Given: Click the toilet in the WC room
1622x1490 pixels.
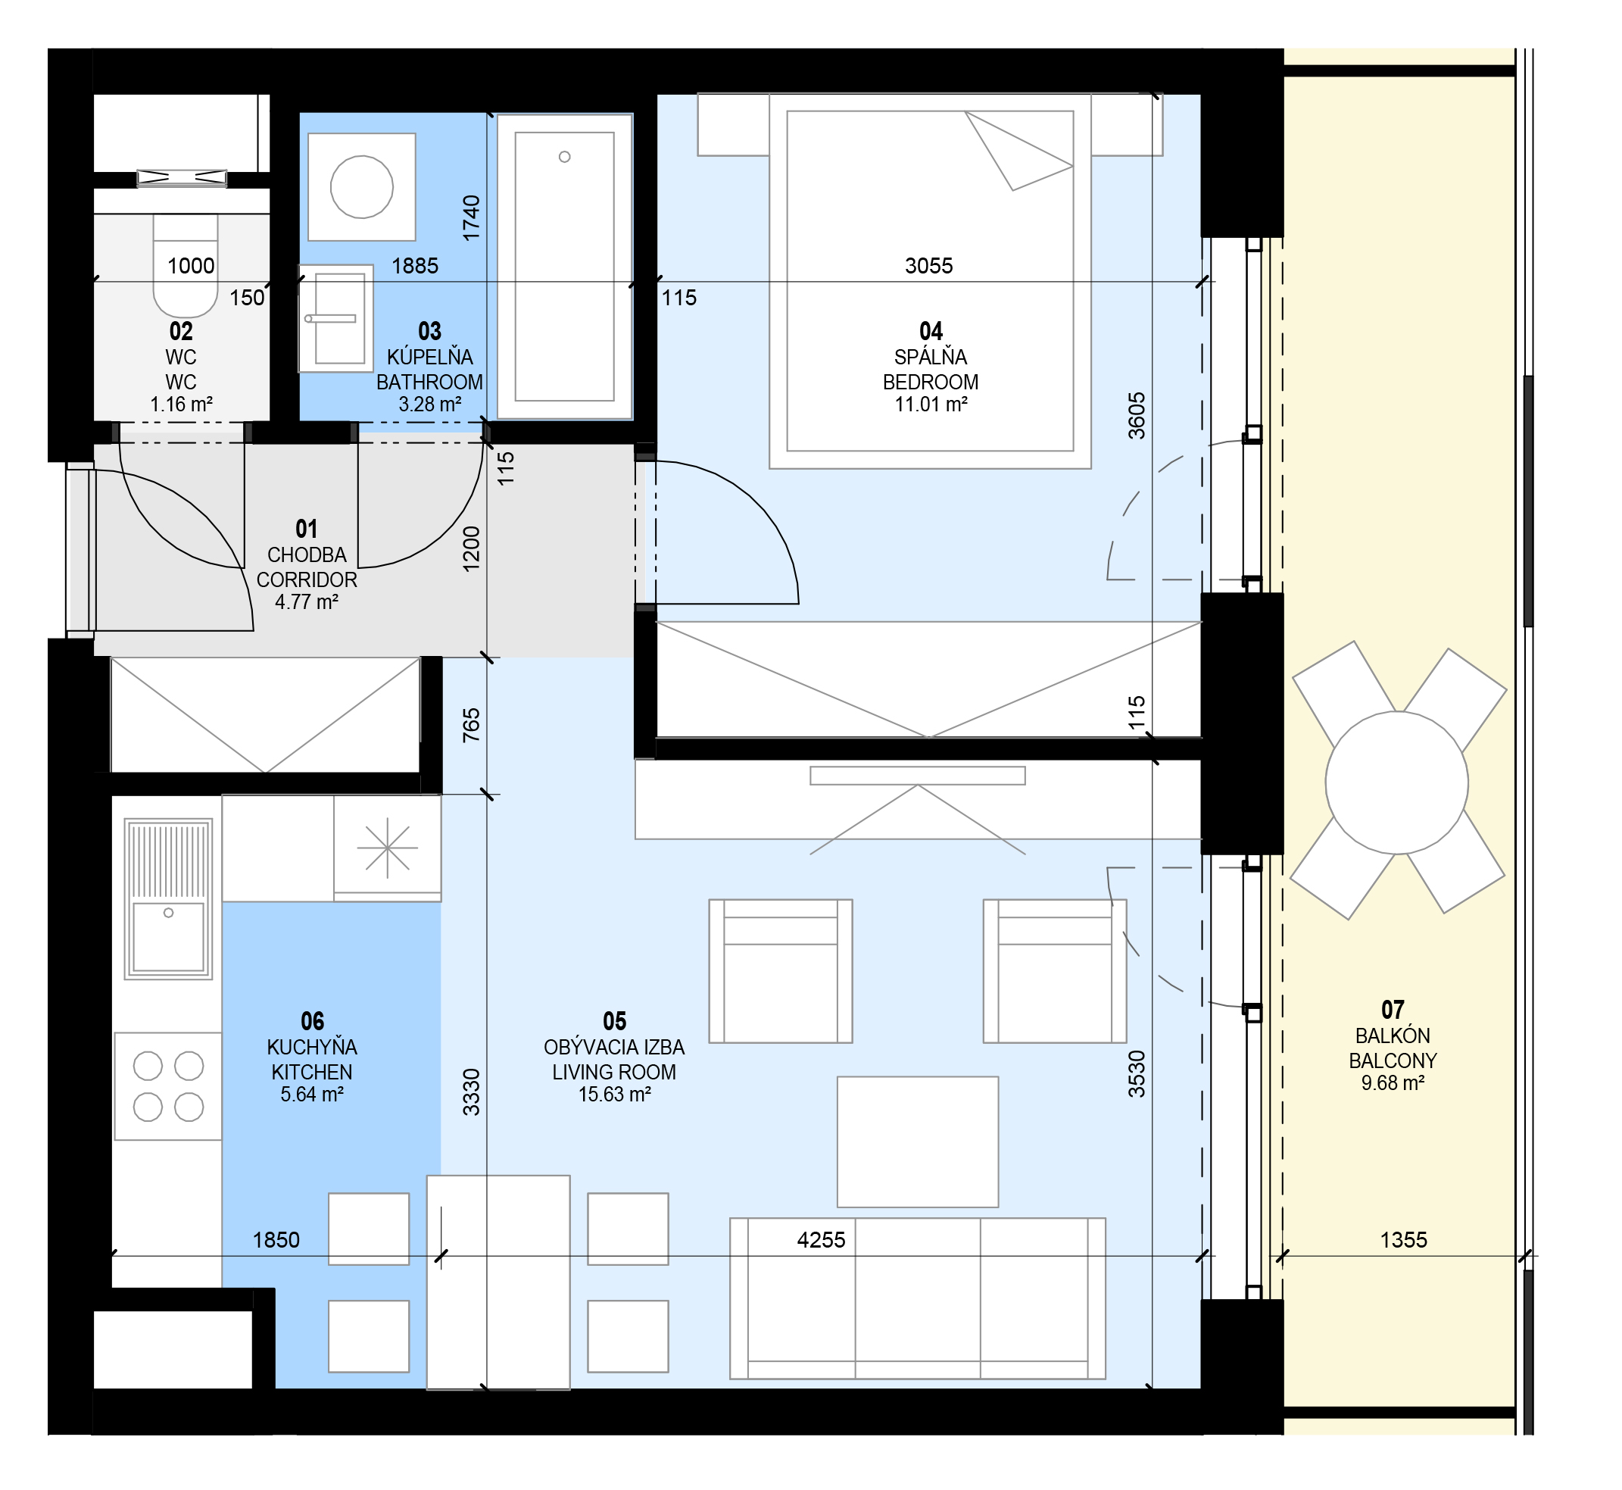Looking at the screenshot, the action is (186, 266).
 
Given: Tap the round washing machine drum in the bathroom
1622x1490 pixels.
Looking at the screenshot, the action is (362, 187).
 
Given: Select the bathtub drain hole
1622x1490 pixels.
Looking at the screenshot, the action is (564, 156).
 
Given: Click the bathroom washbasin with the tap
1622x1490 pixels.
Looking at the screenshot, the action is (336, 318).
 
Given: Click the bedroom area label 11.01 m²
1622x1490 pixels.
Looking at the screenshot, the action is (931, 405).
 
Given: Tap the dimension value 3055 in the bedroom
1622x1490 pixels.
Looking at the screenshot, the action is (928, 266).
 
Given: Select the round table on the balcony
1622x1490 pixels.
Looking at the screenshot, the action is (1397, 783).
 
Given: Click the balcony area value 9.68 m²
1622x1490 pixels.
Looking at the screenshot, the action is (1393, 1082).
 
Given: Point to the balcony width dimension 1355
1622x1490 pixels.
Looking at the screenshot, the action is (1403, 1240).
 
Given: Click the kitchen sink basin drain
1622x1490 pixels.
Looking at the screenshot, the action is (169, 913).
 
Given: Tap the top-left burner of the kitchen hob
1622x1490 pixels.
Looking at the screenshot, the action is (148, 1066).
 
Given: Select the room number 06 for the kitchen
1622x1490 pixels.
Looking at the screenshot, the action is (312, 1022).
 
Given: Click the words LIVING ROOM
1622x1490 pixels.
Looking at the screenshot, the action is (614, 1073).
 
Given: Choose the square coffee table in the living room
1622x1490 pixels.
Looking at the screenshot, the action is (918, 1142).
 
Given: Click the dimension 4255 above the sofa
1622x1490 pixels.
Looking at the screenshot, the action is (822, 1240).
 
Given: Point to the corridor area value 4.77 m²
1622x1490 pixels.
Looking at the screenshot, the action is (307, 601).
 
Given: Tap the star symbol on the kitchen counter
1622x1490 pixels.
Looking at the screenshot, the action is (388, 848).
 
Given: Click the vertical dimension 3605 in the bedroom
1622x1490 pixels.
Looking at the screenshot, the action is (1137, 415).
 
